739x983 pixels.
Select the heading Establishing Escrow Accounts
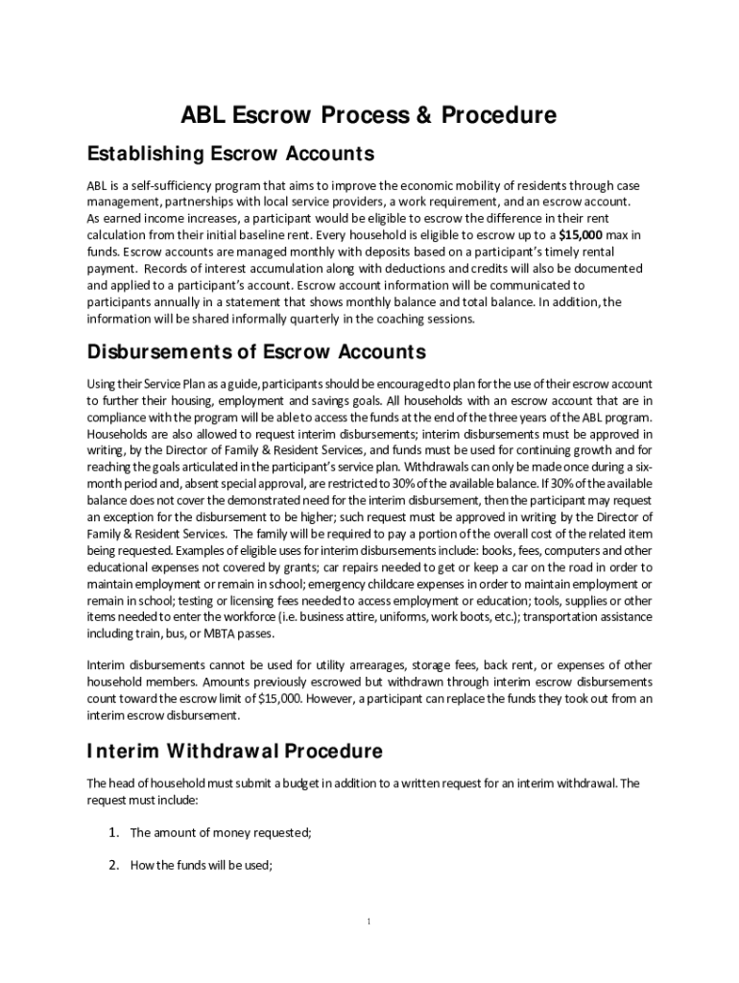click(x=229, y=154)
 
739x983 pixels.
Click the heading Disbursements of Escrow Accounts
click(x=256, y=350)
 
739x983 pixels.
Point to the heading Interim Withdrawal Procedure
click(x=234, y=751)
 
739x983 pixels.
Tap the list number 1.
click(x=112, y=832)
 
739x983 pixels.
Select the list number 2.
click(x=112, y=865)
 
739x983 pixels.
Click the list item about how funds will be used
click(x=202, y=865)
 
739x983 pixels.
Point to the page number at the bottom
click(x=369, y=923)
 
